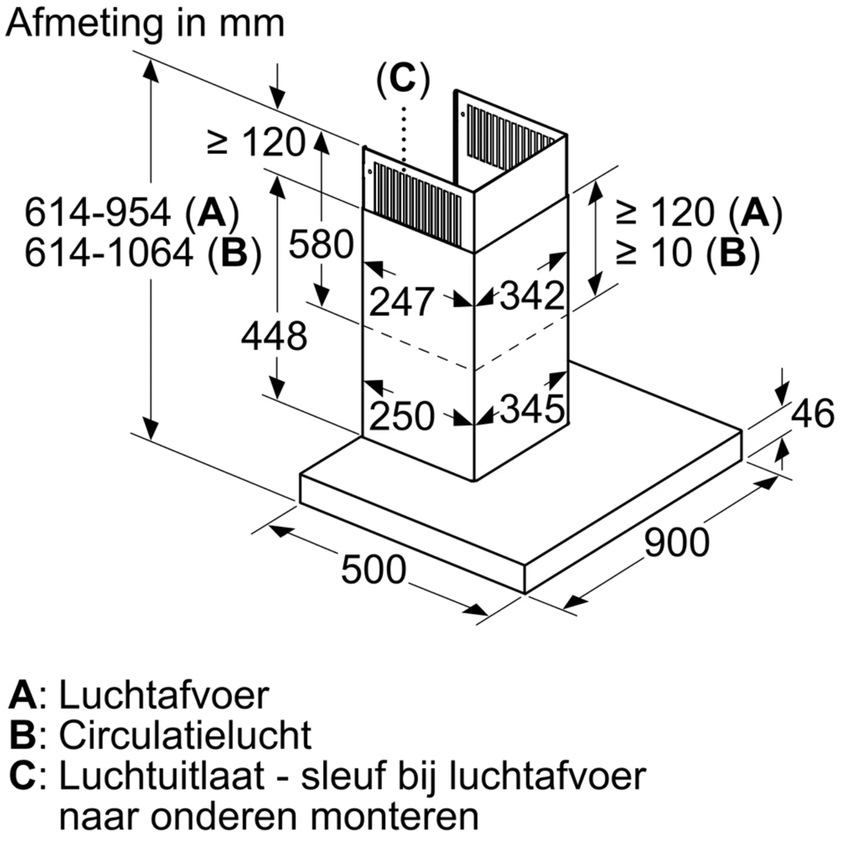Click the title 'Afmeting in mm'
tap(145, 24)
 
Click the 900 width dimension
tap(677, 542)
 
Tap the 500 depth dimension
tap(373, 570)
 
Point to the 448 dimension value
tap(274, 336)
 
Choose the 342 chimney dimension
tap(532, 296)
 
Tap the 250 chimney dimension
tap(402, 416)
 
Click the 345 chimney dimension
tap(532, 409)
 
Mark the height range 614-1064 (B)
tap(143, 253)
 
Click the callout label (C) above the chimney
tap(403, 80)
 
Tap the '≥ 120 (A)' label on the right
tap(700, 213)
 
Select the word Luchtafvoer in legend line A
tap(164, 696)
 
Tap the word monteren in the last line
tap(395, 817)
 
